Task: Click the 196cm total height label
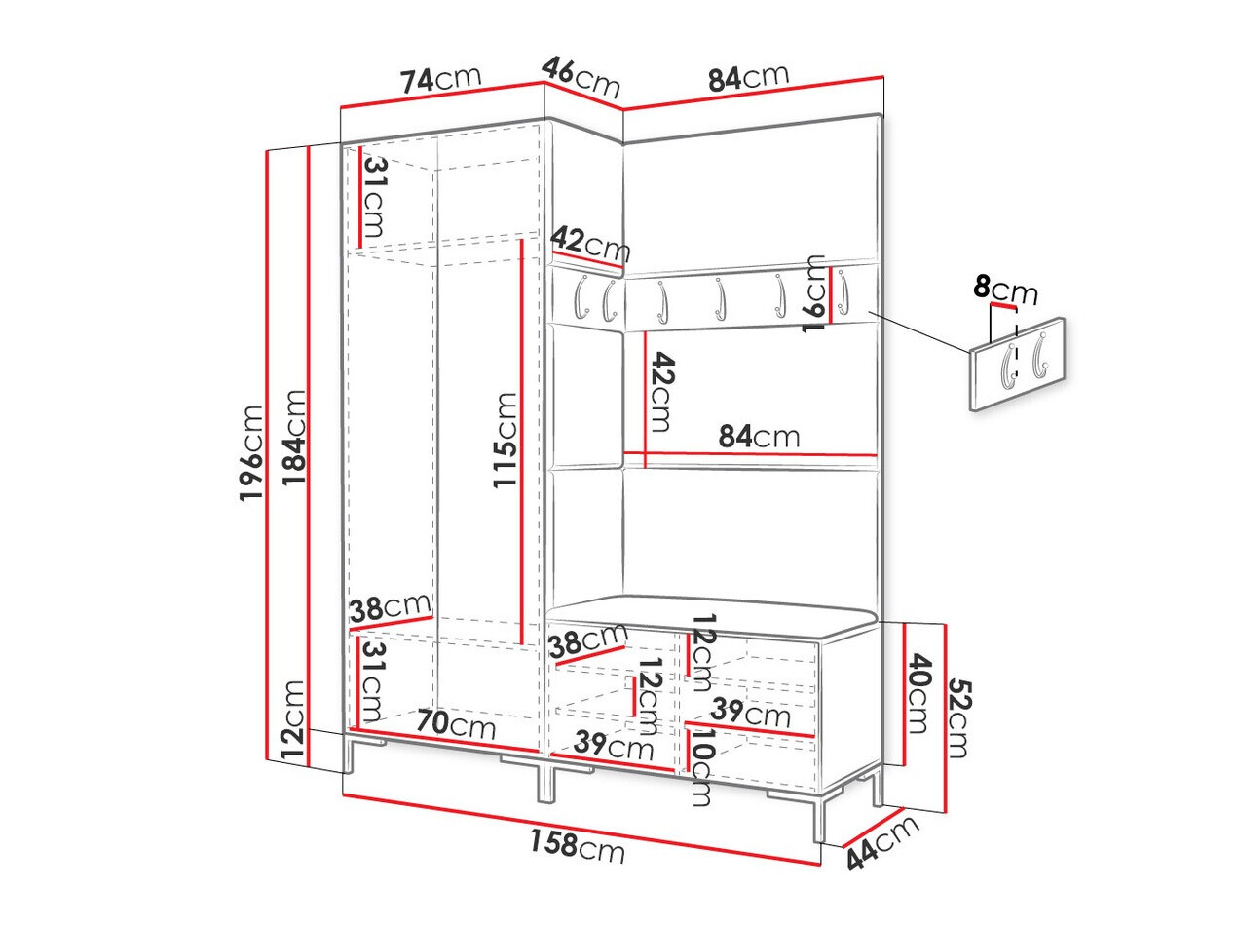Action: [x=251, y=453]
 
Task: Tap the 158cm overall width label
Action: [x=578, y=846]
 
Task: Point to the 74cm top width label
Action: [x=441, y=79]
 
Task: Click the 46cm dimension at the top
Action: [x=581, y=75]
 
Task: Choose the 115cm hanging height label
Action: [x=505, y=440]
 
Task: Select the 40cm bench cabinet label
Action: [x=921, y=694]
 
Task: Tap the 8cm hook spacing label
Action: [x=1006, y=290]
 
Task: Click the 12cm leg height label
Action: [x=292, y=721]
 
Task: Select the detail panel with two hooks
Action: [x=1017, y=362]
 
